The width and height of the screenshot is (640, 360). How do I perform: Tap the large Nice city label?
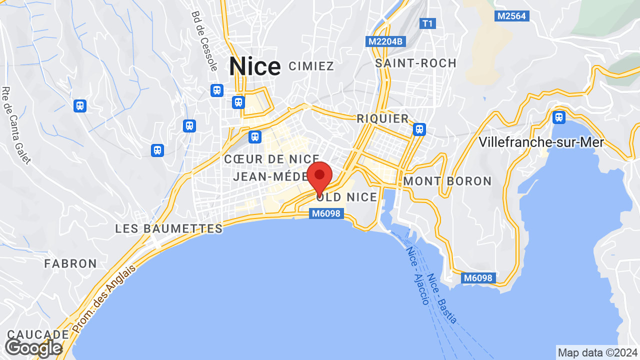coord(255,67)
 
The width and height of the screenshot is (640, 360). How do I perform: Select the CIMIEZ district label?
coord(311,66)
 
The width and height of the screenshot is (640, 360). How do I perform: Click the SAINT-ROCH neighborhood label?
coord(416,63)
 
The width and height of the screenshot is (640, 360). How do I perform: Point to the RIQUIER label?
coord(382,118)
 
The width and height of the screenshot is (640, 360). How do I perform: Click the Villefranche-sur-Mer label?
coord(541,142)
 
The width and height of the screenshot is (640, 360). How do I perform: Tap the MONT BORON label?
coord(447,181)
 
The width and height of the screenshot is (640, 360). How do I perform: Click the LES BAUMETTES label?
coord(169,229)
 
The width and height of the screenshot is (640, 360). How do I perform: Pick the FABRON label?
coord(70,263)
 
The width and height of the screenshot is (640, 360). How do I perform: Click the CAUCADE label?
coord(38,334)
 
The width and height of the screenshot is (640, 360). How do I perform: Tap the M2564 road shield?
coord(511,16)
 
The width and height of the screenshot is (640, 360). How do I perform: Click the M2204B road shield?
coord(385,41)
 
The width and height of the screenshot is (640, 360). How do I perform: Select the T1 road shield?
coord(427,23)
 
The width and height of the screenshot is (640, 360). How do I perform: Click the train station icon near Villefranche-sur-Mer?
coord(559,117)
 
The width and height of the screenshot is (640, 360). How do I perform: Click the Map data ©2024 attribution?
coord(597,352)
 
